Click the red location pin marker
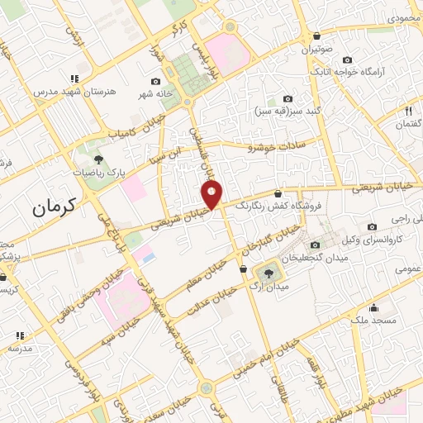pos(212,194)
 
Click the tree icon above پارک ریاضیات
pos(98,158)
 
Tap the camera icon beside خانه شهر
pos(156,81)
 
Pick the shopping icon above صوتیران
pos(318,36)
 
